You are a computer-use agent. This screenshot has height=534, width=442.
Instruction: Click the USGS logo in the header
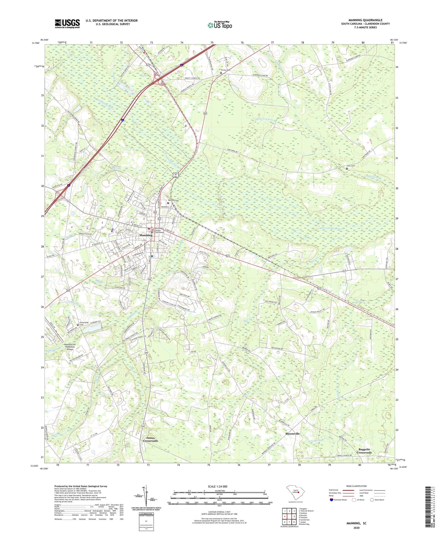[67, 24]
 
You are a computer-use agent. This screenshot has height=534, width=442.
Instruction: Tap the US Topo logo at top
[220, 25]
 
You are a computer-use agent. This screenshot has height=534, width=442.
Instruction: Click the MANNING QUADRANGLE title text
[365, 20]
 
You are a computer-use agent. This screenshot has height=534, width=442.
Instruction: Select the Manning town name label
[146, 235]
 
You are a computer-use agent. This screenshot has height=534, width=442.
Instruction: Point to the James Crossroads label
[150, 439]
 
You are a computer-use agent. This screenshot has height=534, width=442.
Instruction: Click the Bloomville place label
[292, 434]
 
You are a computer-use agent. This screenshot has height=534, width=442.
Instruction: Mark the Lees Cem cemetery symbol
[347, 168]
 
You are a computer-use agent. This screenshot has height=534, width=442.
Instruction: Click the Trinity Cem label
[225, 70]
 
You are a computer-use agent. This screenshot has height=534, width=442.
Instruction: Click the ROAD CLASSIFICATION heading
[357, 486]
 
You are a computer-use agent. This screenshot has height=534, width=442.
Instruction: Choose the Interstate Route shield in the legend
[331, 500]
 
